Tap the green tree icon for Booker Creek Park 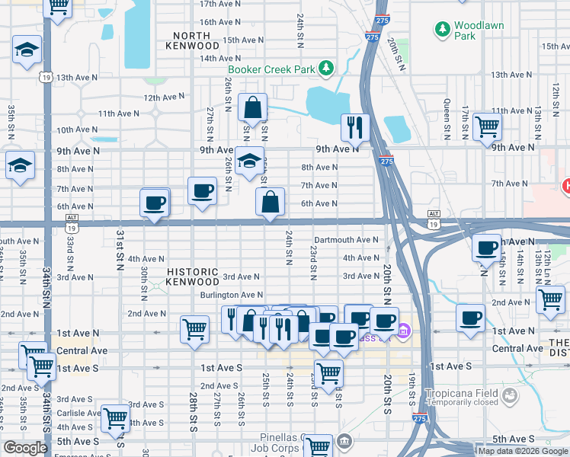point(325,69)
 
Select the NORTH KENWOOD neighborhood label point(196,40)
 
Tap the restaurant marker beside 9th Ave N point(354,128)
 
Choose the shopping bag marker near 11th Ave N point(252,108)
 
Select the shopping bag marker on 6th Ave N point(270,203)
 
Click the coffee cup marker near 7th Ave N point(202,190)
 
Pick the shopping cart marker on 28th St point(194,329)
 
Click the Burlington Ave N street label point(231,295)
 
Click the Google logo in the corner point(25,448)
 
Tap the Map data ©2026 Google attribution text point(523,451)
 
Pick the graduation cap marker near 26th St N point(248,161)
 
